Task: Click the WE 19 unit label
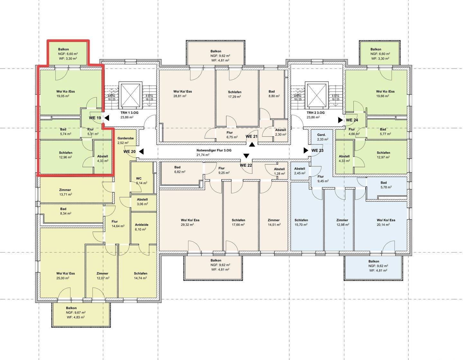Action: [x=95, y=118]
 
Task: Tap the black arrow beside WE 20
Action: [x=141, y=152]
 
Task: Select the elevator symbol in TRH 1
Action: [x=130, y=95]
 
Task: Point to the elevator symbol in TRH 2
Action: [x=316, y=95]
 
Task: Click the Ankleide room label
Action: [x=141, y=225]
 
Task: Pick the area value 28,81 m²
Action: [x=180, y=96]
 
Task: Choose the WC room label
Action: [x=139, y=179]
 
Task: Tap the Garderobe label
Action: [x=126, y=138]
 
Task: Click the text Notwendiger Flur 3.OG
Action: [x=214, y=150]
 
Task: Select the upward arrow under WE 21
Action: [x=252, y=145]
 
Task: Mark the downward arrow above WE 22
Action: [x=246, y=156]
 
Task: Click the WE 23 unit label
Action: [x=317, y=150]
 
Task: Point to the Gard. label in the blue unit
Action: [x=321, y=135]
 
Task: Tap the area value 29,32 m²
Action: [x=187, y=225]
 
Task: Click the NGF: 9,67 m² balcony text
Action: [x=76, y=312]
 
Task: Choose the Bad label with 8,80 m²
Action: [x=271, y=91]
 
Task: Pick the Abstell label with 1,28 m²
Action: [x=279, y=169]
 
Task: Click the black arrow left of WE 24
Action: [x=340, y=120]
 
